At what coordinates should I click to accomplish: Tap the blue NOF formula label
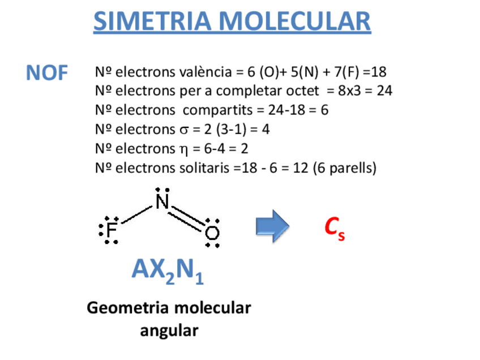click(x=47, y=73)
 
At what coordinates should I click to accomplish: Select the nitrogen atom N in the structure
click(x=162, y=202)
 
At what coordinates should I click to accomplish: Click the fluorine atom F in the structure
click(x=112, y=230)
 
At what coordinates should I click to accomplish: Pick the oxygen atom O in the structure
click(x=212, y=233)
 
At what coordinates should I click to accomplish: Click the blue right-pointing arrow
click(x=272, y=225)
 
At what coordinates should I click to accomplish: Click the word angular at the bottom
click(x=169, y=330)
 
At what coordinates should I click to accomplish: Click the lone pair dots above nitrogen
click(x=162, y=190)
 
